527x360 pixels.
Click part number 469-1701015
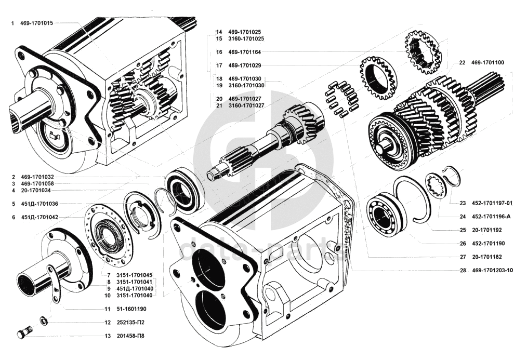(36, 23)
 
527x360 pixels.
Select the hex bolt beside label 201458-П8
(24, 332)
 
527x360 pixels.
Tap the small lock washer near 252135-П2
(44, 321)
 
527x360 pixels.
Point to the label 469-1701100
(488, 62)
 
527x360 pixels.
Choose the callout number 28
(463, 270)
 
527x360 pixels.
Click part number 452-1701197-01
(492, 203)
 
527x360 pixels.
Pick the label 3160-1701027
(246, 105)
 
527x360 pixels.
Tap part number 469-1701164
(244, 52)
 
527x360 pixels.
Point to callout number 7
(109, 275)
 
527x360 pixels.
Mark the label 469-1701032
(37, 177)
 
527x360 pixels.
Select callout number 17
(219, 65)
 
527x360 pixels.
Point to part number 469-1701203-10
(492, 270)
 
